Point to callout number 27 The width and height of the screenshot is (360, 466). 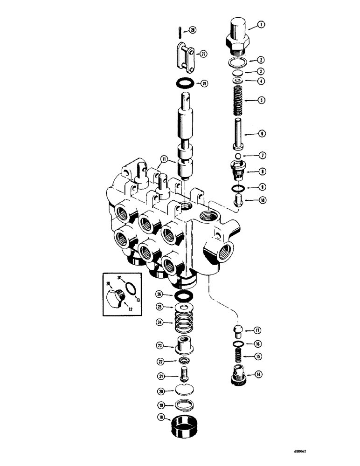203,54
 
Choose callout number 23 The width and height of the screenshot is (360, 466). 159,345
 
